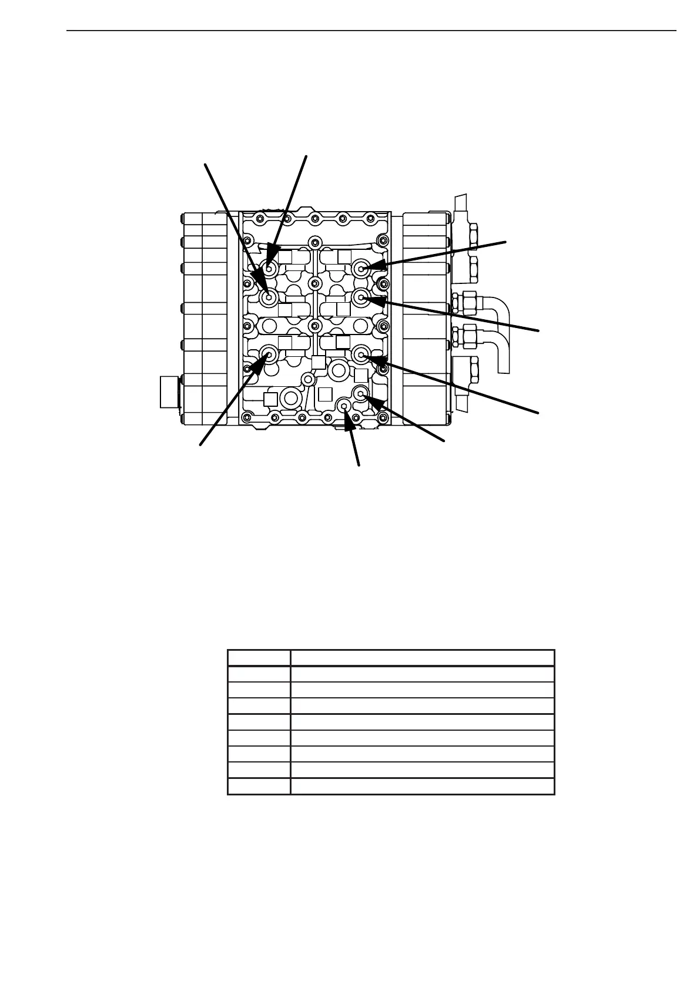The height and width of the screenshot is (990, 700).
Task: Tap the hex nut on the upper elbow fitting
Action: coord(469,302)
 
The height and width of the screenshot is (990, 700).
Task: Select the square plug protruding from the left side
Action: coord(169,392)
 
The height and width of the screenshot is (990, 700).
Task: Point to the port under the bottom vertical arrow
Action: coord(345,405)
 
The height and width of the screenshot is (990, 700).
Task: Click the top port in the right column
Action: coord(361,268)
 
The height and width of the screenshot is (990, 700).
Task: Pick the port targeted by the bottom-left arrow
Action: coord(270,354)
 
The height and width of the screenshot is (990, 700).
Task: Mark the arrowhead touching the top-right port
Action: coord(374,266)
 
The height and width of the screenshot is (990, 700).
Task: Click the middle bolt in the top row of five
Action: coord(314,219)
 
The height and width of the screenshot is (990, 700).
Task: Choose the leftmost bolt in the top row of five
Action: coord(259,219)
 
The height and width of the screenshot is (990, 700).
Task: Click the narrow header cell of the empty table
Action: coord(259,658)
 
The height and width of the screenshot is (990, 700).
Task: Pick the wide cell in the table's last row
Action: coord(422,786)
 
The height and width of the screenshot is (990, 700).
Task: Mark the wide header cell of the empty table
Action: coord(422,658)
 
